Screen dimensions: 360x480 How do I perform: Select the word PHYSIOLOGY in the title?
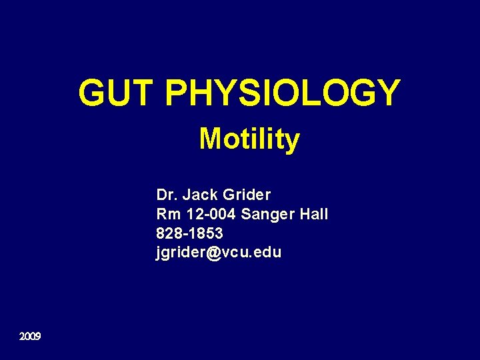click(x=282, y=93)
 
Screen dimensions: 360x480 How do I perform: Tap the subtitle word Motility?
click(x=249, y=140)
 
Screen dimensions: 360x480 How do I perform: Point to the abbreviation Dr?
click(x=167, y=195)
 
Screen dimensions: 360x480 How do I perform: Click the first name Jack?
click(x=200, y=195)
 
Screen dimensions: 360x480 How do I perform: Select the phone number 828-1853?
click(x=189, y=234)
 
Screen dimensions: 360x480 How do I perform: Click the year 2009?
click(x=30, y=337)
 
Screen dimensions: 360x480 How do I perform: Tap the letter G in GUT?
click(x=93, y=93)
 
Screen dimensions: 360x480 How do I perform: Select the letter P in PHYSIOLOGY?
click(x=175, y=93)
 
